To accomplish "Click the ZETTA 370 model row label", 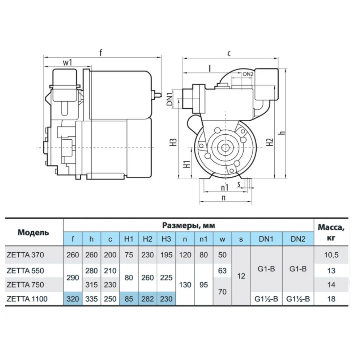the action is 25,255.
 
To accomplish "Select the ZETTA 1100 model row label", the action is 27,299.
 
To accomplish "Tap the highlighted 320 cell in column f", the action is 73,299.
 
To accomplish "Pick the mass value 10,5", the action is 331,255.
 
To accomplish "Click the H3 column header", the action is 166,239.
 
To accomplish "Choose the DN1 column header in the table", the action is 266,239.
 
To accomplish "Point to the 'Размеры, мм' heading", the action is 189,226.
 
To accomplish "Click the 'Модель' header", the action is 33,232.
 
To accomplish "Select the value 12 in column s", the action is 241,276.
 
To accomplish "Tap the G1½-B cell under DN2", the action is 298,299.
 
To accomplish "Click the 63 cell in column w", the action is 222,271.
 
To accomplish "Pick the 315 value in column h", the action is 91,285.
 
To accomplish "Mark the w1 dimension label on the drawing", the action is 68,62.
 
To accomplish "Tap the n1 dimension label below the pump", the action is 225,188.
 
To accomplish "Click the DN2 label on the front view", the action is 248,74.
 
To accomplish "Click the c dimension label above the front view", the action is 229,53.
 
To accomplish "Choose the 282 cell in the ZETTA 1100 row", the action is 147,299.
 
